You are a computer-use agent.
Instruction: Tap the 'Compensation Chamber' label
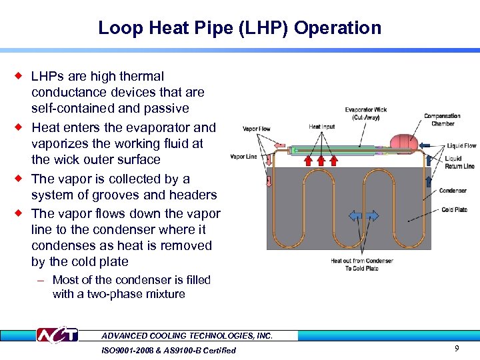pos(442,120)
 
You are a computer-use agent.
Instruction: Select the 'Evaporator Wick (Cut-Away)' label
pos(366,113)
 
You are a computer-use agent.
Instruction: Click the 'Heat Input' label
pos(322,127)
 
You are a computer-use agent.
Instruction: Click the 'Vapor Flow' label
pos(257,129)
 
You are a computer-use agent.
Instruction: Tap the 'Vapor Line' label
pos(244,157)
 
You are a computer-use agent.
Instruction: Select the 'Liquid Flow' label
pos(461,145)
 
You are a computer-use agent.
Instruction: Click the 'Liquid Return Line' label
pos(460,163)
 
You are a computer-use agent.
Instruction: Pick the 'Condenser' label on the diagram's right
pos(453,191)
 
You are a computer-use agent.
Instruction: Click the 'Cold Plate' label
pos(454,210)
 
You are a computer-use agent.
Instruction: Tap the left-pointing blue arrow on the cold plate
pos(355,216)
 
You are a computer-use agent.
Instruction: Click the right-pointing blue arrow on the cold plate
pos(371,216)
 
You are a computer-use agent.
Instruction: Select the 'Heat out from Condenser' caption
pos(362,265)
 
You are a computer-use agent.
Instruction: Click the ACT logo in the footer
pos(57,336)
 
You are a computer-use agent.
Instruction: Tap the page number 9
pos(456,348)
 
